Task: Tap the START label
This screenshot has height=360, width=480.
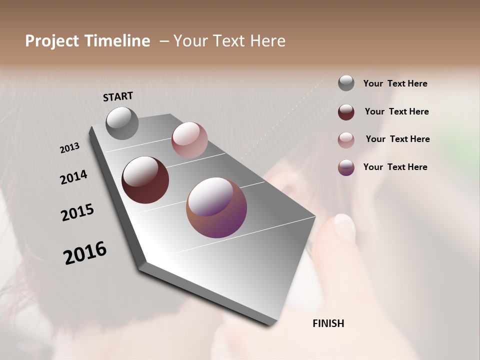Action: point(118,96)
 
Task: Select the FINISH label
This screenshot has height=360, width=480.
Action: point(328,323)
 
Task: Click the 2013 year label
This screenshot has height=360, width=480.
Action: point(69,148)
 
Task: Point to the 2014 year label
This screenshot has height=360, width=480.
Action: point(73,177)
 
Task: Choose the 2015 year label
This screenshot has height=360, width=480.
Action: point(77,212)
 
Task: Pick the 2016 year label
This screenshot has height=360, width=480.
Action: point(85,252)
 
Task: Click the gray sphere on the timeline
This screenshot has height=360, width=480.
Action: point(122,123)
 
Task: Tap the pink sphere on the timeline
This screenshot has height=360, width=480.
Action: point(189,140)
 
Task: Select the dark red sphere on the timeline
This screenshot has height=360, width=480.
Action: point(145,180)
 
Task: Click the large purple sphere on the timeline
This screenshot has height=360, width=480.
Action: point(216,207)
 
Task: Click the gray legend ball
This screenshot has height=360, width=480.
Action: point(346,83)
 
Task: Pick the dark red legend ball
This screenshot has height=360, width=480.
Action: point(346,112)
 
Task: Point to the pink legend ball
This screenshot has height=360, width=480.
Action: point(346,140)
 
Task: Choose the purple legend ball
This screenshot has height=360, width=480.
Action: point(346,167)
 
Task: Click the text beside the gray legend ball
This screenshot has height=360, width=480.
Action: point(395,83)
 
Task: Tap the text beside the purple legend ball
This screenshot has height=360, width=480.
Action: point(395,167)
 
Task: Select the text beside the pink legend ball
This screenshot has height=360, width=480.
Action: point(397,139)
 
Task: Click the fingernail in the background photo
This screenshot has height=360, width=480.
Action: point(344,226)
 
